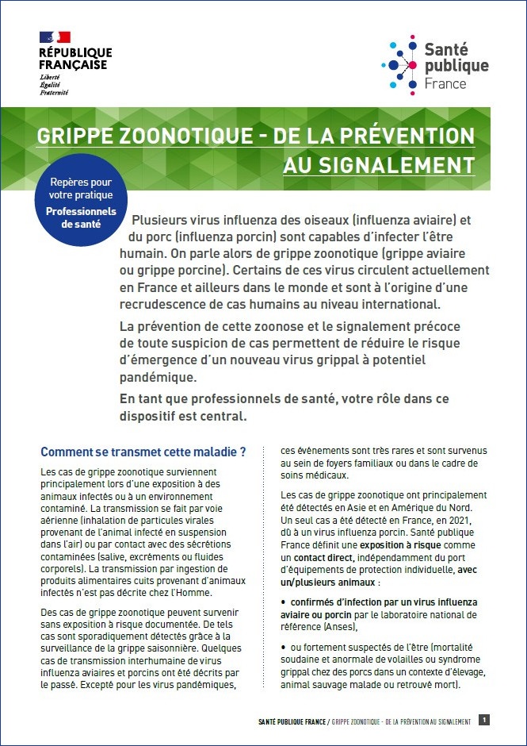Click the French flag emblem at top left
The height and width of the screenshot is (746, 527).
(55, 37)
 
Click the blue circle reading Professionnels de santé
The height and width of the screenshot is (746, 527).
(80, 204)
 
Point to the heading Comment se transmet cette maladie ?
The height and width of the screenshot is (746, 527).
(143, 452)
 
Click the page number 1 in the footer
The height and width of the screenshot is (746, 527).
(484, 720)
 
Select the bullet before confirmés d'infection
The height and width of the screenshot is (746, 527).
(284, 602)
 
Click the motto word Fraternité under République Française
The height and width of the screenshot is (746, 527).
(54, 93)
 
